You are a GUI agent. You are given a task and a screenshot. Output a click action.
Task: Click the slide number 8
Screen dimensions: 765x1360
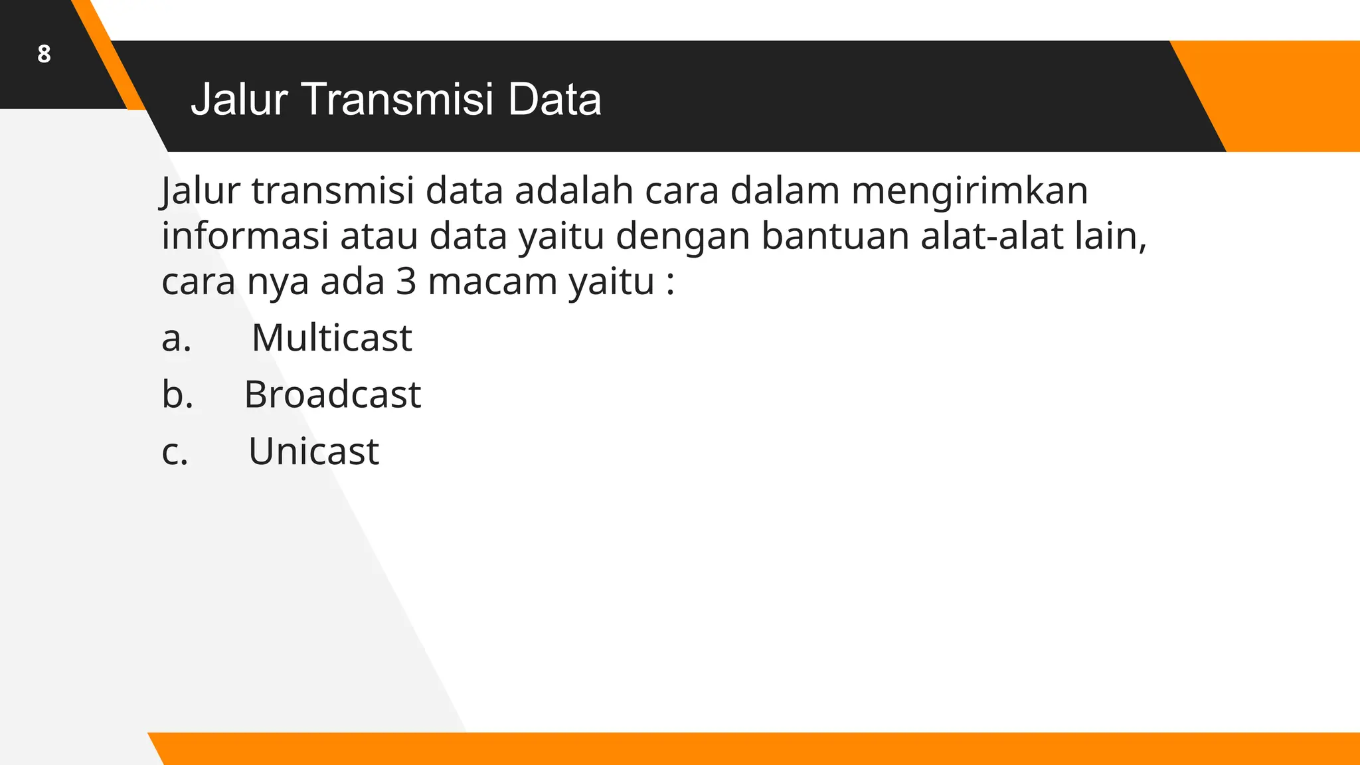pos(44,54)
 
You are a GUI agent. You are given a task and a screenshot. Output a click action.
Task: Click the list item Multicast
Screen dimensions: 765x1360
pos(331,337)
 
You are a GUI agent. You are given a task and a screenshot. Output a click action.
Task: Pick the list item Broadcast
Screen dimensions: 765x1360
pos(332,394)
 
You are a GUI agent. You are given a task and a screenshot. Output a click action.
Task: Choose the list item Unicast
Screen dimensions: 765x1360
pos(313,452)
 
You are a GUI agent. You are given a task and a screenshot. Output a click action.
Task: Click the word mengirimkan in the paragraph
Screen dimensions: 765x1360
pos(970,191)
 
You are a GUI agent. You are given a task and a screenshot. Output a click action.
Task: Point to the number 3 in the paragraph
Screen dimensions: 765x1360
pos(406,282)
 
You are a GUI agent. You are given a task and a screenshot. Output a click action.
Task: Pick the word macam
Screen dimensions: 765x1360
pos(492,282)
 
